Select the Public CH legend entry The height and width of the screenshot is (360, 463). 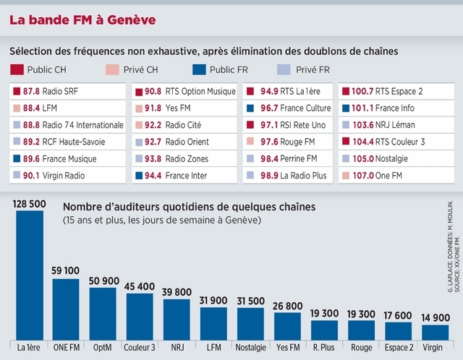pyautogui.click(x=43, y=69)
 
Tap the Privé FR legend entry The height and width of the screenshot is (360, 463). pyautogui.click(x=305, y=69)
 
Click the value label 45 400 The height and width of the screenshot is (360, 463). pyautogui.click(x=140, y=287)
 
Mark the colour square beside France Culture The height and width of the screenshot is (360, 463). pyautogui.click(x=250, y=108)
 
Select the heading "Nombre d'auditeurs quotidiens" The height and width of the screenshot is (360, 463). pyautogui.click(x=190, y=207)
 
